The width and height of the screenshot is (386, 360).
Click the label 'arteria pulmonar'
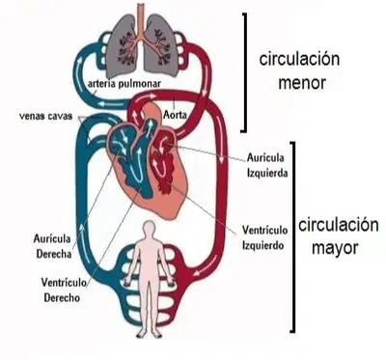(124, 84)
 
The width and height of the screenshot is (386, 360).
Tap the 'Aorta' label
(175, 114)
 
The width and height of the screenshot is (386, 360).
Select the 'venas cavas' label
(46, 116)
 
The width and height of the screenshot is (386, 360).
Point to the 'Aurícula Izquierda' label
(267, 165)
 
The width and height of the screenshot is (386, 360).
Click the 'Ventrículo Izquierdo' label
(264, 237)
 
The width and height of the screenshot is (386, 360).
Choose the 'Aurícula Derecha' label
(53, 246)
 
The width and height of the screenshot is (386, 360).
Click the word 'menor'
(302, 83)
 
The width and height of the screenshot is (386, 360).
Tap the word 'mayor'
(335, 249)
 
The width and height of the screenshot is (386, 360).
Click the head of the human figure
(149, 229)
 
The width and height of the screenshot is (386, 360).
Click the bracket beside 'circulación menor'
(245, 72)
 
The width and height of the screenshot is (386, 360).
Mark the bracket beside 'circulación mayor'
(293, 236)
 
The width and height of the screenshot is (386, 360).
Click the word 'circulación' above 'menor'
(299, 60)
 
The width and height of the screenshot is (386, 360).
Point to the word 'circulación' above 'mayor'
(339, 225)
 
